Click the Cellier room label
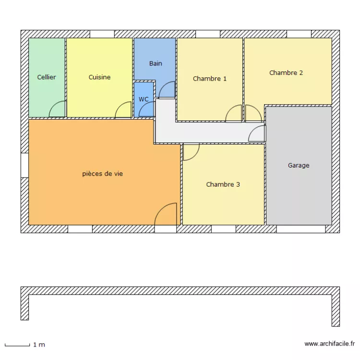click(x=47, y=77)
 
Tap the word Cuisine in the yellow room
click(x=99, y=77)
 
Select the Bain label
click(x=156, y=63)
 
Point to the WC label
click(x=144, y=99)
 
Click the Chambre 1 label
click(x=210, y=79)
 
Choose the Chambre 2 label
click(x=286, y=73)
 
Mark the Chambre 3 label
click(x=223, y=184)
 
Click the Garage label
click(x=299, y=166)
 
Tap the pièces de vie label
click(x=102, y=174)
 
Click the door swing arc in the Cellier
click(x=58, y=110)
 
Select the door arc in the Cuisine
click(x=123, y=110)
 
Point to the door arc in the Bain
click(x=168, y=90)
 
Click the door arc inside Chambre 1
click(x=234, y=114)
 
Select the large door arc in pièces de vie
click(x=167, y=214)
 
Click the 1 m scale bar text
click(x=39, y=345)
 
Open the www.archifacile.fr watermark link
click(x=330, y=344)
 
